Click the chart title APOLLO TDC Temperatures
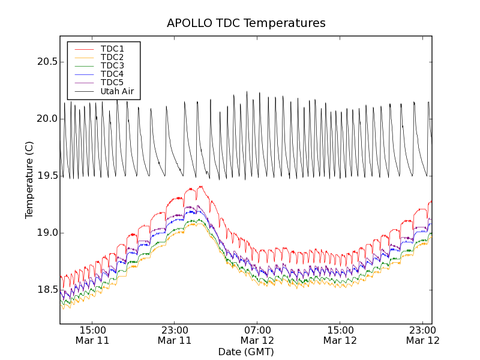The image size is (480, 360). pyautogui.click(x=246, y=23)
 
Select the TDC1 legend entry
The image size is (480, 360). pyautogui.click(x=112, y=49)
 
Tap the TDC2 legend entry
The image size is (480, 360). pyautogui.click(x=112, y=57)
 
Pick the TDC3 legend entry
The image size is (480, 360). pyautogui.click(x=112, y=65)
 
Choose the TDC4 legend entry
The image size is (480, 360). pyautogui.click(x=112, y=74)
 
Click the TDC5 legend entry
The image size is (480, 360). pyautogui.click(x=112, y=82)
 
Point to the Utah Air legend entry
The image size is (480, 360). pyautogui.click(x=117, y=91)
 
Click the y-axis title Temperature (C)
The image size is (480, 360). pyautogui.click(x=29, y=180)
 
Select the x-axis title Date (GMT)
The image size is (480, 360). pyautogui.click(x=246, y=352)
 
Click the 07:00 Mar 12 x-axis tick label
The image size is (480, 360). pyautogui.click(x=257, y=335)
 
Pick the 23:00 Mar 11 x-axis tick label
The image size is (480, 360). pyautogui.click(x=175, y=335)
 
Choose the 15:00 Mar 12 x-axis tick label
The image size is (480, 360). pyautogui.click(x=340, y=335)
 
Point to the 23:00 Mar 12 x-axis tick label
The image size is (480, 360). pyautogui.click(x=422, y=335)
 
